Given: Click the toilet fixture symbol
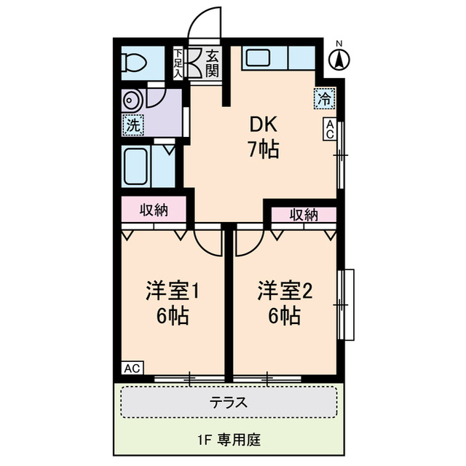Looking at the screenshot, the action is point(134,63).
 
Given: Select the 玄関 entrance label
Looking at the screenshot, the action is point(212,63).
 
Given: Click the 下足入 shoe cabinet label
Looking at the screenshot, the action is point(178,63).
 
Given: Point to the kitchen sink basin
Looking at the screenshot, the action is point(258,58).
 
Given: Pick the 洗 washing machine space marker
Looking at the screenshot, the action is point(133,125).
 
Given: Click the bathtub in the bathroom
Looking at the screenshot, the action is point(136,166).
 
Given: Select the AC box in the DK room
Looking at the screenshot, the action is point(330,129).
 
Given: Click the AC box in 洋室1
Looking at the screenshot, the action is point(133,368).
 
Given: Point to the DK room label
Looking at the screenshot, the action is point(263,125).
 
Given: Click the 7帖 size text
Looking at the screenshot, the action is point(264,149).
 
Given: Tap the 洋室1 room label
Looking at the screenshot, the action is point(173,291).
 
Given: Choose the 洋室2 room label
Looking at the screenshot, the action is point(285,291).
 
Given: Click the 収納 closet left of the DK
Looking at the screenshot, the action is point(154,210).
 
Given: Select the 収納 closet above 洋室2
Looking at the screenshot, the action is point(304,215).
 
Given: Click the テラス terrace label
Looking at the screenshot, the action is point(228,403).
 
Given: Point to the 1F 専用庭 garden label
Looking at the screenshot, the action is point(229,440).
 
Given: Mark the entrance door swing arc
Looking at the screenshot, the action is point(199,18).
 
